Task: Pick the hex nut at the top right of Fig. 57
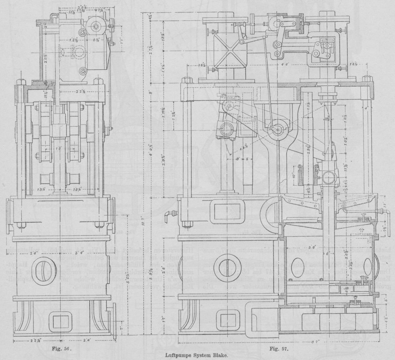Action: click(366, 79)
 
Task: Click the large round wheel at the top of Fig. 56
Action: click(96, 25)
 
